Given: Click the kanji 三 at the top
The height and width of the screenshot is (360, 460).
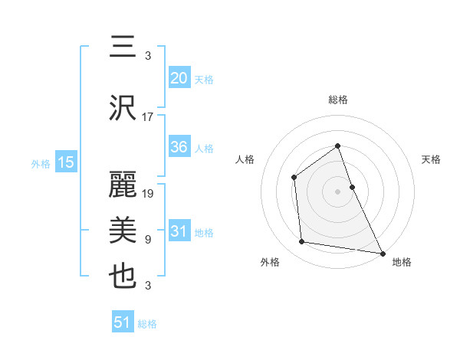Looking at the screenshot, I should click(x=123, y=47).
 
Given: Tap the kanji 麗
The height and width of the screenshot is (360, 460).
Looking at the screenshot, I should click(x=123, y=183).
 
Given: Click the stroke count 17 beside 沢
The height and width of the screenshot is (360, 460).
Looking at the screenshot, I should click(x=148, y=117).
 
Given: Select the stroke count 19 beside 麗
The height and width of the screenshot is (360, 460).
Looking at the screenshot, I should click(x=149, y=193).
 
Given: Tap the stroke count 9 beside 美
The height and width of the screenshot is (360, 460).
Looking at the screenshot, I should click(x=148, y=240).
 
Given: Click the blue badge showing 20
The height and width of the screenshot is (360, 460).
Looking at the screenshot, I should click(x=179, y=77).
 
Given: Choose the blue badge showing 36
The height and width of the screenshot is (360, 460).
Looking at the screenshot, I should click(x=179, y=148).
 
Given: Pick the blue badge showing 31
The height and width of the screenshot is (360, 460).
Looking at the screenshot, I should click(x=179, y=231).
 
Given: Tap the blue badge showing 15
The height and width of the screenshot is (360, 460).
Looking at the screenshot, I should click(x=65, y=162).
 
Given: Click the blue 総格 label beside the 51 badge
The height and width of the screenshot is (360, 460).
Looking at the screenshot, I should click(x=147, y=324).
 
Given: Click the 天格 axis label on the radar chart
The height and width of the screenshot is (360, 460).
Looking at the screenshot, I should click(x=431, y=159).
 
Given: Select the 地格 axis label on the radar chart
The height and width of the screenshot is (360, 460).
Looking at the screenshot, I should click(x=402, y=262).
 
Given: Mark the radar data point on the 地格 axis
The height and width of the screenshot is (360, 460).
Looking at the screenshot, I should click(x=383, y=253).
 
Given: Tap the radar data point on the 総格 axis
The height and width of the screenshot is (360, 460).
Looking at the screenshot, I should click(x=337, y=146).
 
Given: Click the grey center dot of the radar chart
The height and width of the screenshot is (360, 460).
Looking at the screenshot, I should click(x=337, y=191).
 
